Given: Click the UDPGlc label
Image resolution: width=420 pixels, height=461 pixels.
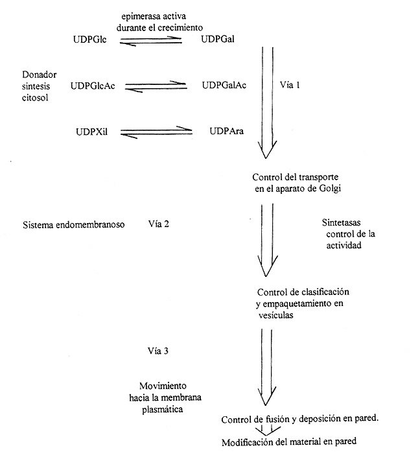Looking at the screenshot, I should pyautogui.click(x=90, y=40).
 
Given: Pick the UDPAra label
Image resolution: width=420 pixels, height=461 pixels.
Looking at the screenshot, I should pyautogui.click(x=226, y=132).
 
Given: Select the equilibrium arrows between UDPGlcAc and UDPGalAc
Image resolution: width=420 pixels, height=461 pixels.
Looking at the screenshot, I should pyautogui.click(x=156, y=86).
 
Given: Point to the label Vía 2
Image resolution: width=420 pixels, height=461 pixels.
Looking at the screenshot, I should pyautogui.click(x=159, y=224).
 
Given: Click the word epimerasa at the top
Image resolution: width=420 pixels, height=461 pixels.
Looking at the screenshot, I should pyautogui.click(x=125, y=16).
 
